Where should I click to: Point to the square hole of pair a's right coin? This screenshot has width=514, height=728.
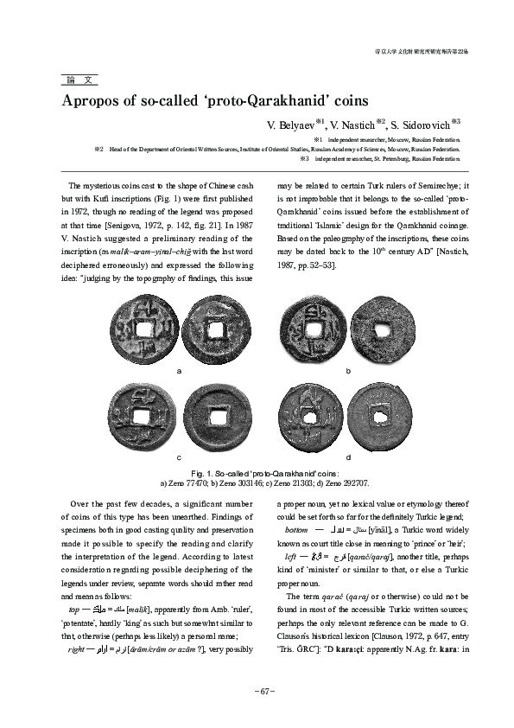point(214,330)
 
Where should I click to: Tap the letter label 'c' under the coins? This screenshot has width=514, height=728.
point(178,456)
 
